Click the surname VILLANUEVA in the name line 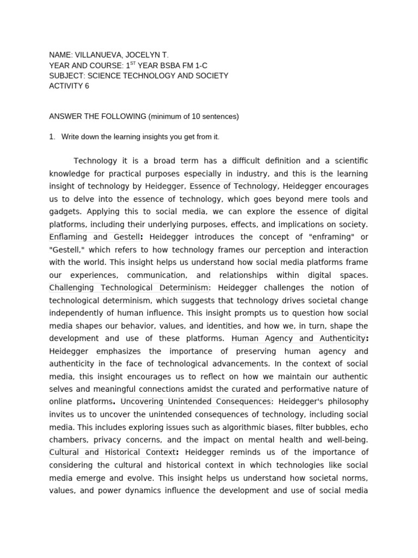(x=101, y=55)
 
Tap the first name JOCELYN (x=146, y=55)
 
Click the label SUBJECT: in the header (x=67, y=76)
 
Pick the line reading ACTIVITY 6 (x=69, y=86)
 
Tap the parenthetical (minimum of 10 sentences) (x=194, y=116)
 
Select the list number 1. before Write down (x=52, y=137)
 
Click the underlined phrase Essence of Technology (x=233, y=186)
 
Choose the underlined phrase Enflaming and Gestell (x=94, y=237)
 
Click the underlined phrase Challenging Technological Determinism (x=129, y=288)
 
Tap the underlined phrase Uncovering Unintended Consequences (x=195, y=402)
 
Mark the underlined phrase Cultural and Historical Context (x=113, y=452)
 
